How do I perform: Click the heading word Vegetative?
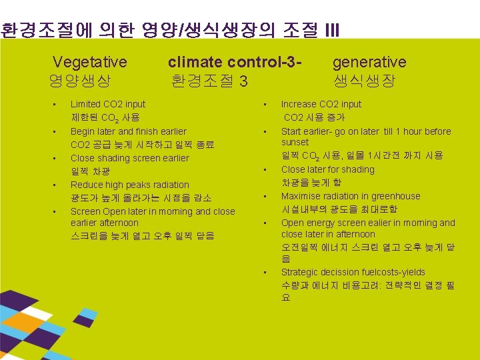[89, 62]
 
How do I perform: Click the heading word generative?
[369, 62]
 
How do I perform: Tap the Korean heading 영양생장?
[80, 81]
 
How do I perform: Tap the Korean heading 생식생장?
[364, 81]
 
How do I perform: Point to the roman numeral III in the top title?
[332, 30]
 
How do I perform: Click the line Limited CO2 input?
[107, 104]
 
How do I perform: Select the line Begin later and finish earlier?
[128, 131]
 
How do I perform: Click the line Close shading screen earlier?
[129, 158]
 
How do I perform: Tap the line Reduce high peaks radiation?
[129, 185]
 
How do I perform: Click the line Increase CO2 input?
[321, 104]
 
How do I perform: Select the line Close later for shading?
[327, 169]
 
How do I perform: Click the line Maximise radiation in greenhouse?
[351, 196]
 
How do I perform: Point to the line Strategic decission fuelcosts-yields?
[353, 272]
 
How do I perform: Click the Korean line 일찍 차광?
[88, 171]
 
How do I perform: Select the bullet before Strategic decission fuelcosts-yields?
[265, 272]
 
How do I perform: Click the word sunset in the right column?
[295, 142]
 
